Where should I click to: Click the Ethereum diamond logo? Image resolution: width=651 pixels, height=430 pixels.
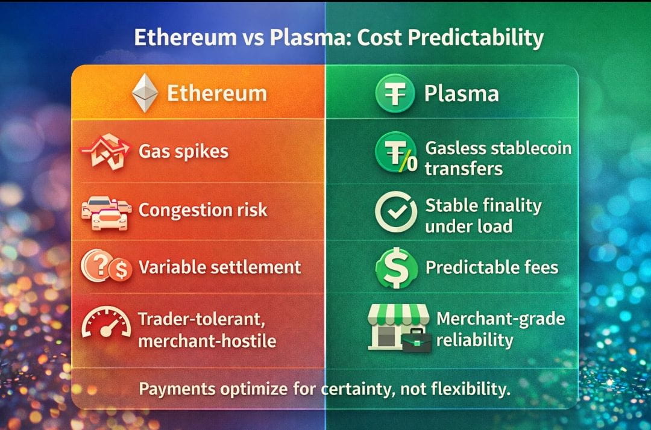[x=145, y=93]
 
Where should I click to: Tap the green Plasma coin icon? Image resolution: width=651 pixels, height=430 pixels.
[x=395, y=93]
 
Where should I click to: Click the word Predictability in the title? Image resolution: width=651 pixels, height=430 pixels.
[x=476, y=38]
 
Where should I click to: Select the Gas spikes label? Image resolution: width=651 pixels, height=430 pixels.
[x=183, y=151]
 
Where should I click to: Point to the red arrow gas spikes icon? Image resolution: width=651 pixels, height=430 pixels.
[x=106, y=151]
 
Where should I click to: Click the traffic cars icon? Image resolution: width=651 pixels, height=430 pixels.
[x=106, y=213]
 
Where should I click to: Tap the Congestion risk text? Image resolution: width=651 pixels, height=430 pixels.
[x=203, y=210]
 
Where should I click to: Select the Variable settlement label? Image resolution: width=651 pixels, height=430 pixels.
[x=220, y=267]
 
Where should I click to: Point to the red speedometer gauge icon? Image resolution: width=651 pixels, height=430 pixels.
[x=106, y=322]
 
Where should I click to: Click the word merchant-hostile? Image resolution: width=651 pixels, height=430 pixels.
[x=207, y=341]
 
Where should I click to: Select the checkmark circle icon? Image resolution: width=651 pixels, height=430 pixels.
[x=396, y=212]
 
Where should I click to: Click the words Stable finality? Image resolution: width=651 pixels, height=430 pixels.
[x=483, y=206]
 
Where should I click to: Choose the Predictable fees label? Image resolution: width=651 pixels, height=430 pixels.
[x=492, y=267]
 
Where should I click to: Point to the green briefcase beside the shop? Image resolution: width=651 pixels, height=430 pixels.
[x=417, y=341]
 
